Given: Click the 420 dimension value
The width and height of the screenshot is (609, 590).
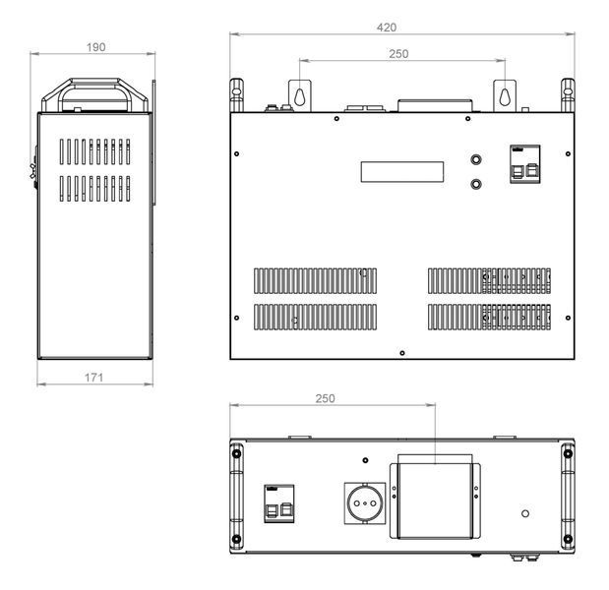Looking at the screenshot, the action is (387, 28).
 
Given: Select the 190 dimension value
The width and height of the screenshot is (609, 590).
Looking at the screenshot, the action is (96, 47).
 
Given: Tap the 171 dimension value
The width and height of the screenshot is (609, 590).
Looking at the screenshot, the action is (94, 378).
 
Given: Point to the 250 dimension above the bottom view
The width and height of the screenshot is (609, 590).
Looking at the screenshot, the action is (325, 398).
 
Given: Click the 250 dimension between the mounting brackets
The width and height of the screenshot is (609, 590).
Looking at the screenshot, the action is (398, 54).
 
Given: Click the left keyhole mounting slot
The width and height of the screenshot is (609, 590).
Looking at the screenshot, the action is (299, 96).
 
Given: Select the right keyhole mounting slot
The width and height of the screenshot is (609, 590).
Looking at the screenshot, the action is (505, 96).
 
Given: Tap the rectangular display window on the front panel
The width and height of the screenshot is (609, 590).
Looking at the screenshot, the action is (402, 172).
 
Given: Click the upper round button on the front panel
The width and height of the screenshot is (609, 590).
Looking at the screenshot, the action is (476, 159).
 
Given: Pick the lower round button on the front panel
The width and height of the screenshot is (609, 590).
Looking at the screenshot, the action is (476, 184).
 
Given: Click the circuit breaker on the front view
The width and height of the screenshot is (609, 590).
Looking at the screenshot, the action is (524, 164).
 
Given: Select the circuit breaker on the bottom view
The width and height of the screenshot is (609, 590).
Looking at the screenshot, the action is (278, 503).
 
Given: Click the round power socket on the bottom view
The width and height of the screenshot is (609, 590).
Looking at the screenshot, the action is (365, 503).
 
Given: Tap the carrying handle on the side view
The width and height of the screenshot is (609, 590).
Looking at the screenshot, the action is (95, 95).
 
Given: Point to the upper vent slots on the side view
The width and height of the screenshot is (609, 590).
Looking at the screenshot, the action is (95, 151).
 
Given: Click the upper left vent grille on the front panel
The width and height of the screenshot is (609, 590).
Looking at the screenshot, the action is (316, 280).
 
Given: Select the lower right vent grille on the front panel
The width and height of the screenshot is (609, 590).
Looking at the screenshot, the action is (489, 317).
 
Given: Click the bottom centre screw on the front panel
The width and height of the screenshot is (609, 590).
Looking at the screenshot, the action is (402, 353).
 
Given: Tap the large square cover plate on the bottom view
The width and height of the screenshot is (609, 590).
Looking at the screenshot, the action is (435, 501).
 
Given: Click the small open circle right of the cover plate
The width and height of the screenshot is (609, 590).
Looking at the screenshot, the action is (525, 513).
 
